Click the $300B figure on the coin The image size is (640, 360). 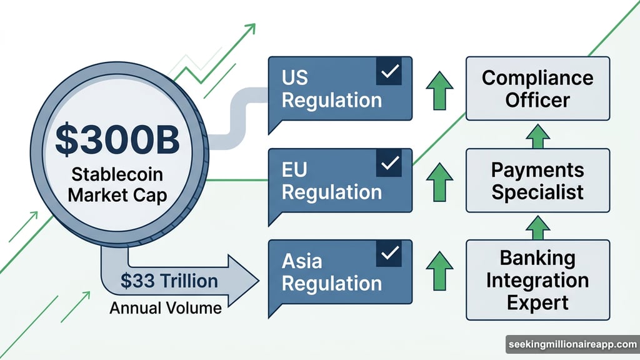(x=117, y=139)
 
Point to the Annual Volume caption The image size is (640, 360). (x=166, y=307)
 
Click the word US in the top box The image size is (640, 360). (x=295, y=78)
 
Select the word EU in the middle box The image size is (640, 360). (x=295, y=170)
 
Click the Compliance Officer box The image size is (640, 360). (x=537, y=88)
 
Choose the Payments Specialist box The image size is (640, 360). (x=537, y=181)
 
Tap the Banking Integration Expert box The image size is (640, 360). (x=537, y=280)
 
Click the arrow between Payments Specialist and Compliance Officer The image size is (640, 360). (x=537, y=134)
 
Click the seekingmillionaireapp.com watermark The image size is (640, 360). (x=571, y=345)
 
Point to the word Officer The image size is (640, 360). (x=537, y=99)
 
